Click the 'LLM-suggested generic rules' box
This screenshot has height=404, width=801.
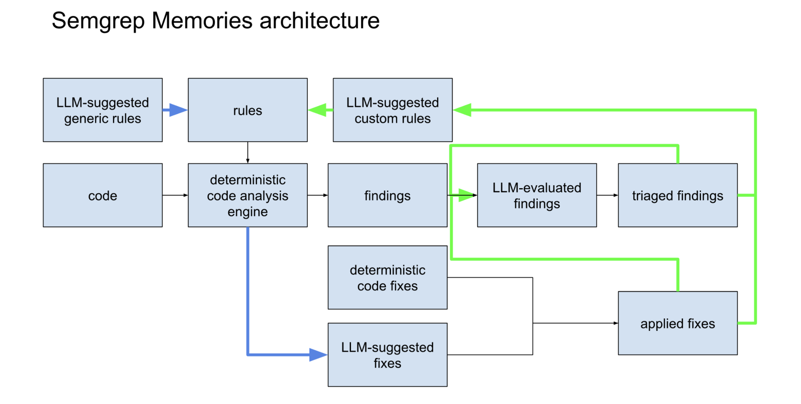(x=103, y=110)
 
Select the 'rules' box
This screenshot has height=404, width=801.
(x=247, y=110)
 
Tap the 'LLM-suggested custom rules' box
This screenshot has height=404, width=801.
(x=392, y=110)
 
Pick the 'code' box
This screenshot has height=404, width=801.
(x=103, y=195)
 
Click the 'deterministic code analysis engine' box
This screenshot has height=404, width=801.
(x=247, y=195)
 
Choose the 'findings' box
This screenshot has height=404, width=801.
(x=387, y=195)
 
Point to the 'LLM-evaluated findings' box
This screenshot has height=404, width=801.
(x=537, y=195)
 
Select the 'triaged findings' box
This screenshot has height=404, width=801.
(x=677, y=195)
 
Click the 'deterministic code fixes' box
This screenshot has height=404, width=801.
(x=387, y=277)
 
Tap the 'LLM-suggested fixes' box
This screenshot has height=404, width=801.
(x=387, y=355)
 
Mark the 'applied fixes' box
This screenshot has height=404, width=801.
(x=677, y=323)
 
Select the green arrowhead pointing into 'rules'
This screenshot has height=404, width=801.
(x=318, y=110)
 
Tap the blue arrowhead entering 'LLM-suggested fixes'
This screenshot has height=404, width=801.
(x=318, y=355)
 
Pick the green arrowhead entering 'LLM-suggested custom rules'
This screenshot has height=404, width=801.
(x=463, y=110)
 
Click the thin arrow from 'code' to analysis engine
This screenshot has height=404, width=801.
(x=175, y=195)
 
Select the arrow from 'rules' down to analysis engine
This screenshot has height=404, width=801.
(x=247, y=152)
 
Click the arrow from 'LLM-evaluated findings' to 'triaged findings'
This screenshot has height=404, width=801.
(x=607, y=195)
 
